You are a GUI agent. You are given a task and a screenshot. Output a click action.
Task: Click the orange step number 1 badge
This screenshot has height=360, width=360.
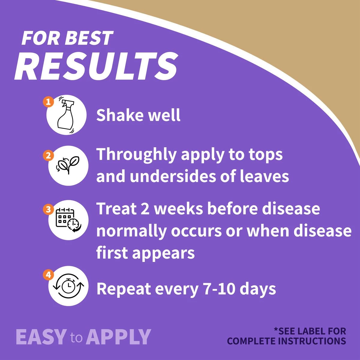48,102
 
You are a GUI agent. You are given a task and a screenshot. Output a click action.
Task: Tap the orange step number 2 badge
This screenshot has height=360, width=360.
48,155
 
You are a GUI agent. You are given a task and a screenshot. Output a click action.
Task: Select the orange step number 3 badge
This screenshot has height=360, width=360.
48,209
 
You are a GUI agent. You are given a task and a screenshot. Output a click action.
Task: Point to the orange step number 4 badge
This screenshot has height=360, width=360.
48,275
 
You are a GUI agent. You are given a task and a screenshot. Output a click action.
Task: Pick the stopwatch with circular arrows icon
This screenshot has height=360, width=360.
68,286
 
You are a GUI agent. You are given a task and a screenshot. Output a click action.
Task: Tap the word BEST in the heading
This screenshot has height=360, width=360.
89,38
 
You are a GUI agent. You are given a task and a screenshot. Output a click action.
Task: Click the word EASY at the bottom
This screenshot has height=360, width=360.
41,337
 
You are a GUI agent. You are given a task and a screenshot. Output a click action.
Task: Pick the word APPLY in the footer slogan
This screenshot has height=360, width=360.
118,337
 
